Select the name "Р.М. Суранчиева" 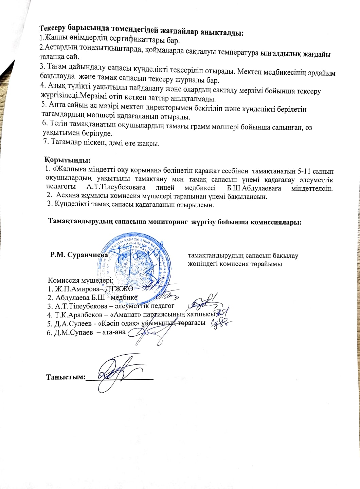pos(79,255)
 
